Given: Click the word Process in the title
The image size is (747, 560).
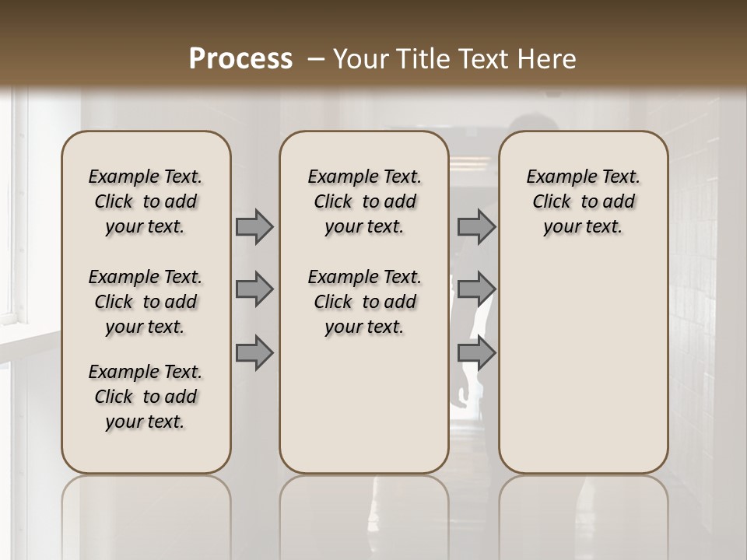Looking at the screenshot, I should pos(240,59).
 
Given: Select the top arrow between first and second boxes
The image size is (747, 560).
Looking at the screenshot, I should pos(254,227).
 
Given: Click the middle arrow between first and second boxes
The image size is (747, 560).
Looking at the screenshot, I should pos(254,290).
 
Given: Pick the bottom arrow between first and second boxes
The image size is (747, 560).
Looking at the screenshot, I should pos(254,353).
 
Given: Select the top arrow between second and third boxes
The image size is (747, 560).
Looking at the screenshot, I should pos(476,227).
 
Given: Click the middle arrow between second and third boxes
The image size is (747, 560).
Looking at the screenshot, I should pos(476,290).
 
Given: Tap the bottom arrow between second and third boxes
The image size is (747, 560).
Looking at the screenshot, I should pos(476,353).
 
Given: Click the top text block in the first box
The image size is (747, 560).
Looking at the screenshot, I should pos(146,202).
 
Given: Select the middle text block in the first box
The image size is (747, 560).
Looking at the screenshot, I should pos(146,302).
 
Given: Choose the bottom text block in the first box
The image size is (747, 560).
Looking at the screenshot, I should pos(146,397).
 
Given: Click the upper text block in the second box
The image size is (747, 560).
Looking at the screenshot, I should pos(364,202).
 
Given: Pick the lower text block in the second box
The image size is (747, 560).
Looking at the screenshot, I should pos(364,302).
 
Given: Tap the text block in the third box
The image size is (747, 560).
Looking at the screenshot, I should pos(583,202).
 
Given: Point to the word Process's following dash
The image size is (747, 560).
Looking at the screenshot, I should pos(316,59).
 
